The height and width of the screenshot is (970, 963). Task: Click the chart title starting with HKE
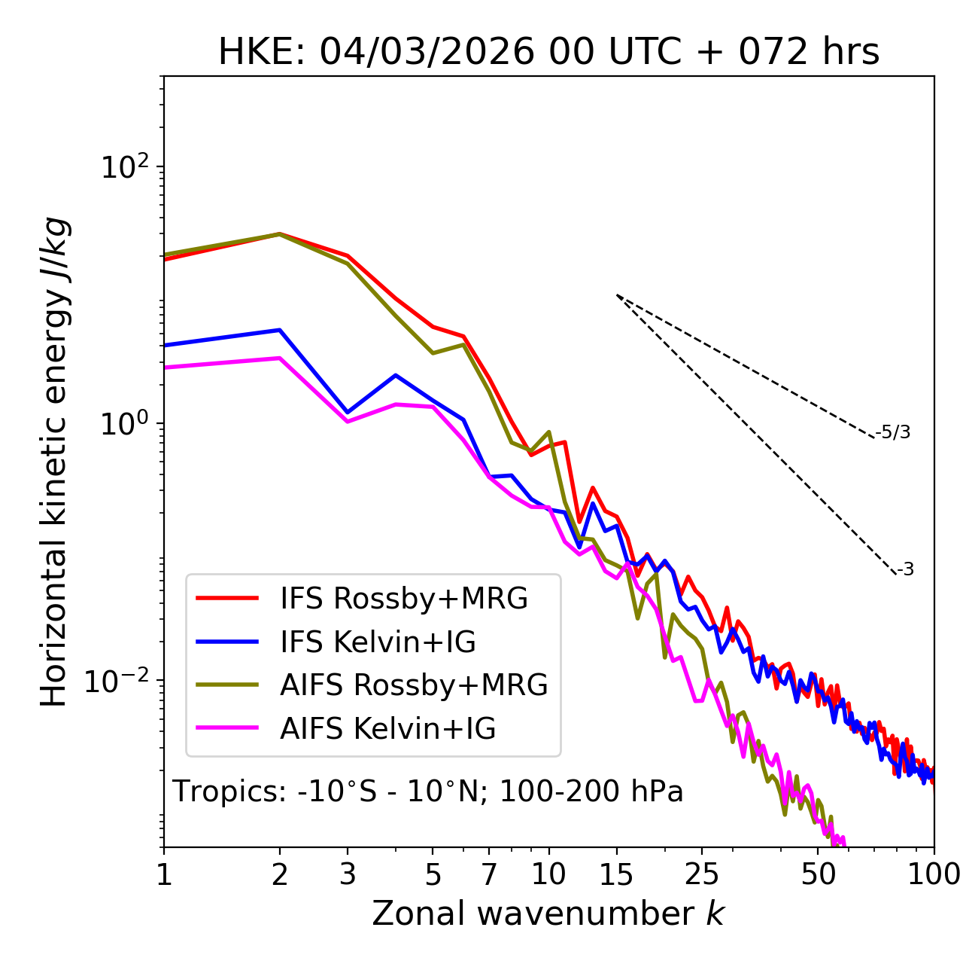(548, 53)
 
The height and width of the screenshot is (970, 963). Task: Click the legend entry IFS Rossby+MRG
(404, 599)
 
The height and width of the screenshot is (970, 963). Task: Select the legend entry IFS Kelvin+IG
(378, 642)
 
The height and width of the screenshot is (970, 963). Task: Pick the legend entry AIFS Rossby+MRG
(414, 685)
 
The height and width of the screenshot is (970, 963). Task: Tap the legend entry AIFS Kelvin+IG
(387, 729)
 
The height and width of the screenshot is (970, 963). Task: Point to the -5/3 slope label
(893, 433)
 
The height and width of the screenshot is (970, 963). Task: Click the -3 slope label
(905, 570)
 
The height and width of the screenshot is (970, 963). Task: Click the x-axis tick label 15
(617, 874)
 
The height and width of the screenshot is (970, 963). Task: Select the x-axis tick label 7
(489, 874)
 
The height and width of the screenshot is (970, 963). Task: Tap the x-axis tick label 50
(819, 874)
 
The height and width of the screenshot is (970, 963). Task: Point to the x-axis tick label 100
(934, 874)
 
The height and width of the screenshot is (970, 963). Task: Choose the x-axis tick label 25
(702, 874)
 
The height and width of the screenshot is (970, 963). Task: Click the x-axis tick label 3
(348, 874)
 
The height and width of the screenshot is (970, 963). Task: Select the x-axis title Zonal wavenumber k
(548, 914)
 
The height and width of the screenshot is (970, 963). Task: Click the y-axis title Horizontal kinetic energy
(54, 462)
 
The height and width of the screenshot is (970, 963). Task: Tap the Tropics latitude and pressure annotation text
(428, 792)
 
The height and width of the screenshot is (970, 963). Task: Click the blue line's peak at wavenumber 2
(280, 330)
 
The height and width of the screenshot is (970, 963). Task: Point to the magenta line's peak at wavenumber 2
(280, 358)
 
